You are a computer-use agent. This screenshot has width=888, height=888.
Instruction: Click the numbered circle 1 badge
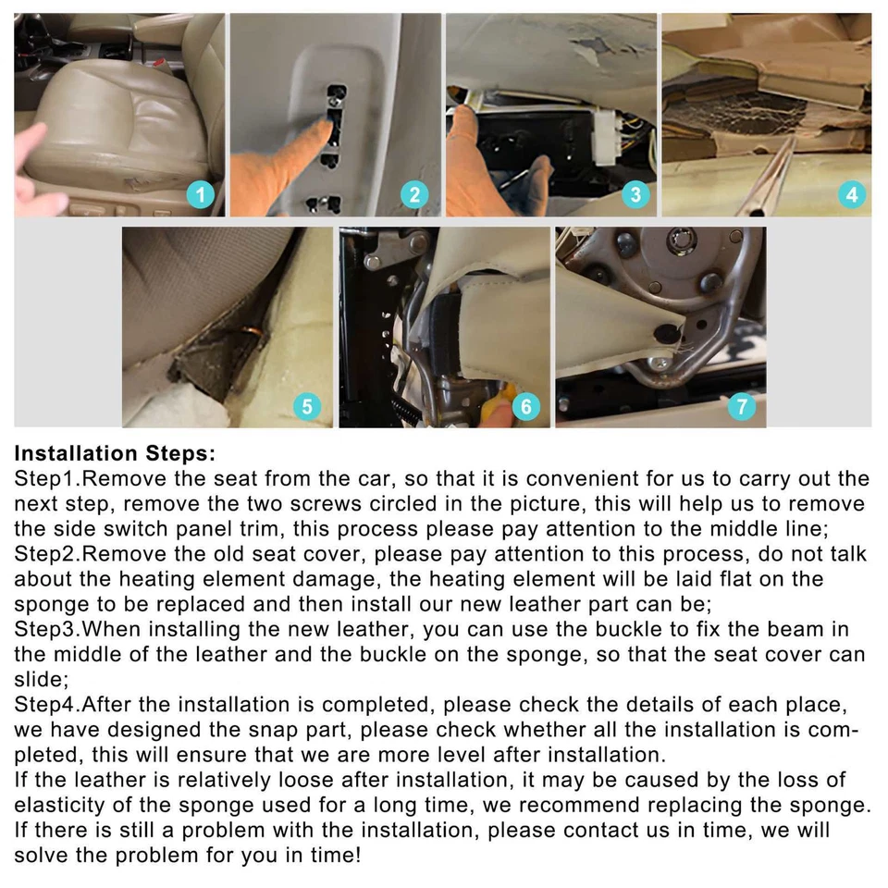coord(201,194)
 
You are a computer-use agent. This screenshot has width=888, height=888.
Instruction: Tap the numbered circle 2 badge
coord(414,194)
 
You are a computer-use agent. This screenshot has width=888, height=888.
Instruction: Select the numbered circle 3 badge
coord(634,194)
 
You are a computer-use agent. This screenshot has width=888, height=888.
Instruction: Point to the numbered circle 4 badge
coord(851,194)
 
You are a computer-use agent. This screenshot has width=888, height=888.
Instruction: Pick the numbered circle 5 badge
coord(306,406)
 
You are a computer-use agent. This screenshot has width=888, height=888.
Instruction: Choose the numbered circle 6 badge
coord(524,406)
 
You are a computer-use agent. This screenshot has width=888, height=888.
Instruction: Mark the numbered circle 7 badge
coord(740,406)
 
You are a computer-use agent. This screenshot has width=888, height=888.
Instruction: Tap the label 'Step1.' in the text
coord(48,479)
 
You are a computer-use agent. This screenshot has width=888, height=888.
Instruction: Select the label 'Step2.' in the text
coord(48,554)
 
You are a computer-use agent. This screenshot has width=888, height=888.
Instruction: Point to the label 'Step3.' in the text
coord(48,630)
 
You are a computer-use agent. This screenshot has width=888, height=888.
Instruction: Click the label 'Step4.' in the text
coord(48,705)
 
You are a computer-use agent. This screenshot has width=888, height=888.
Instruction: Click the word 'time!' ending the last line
coord(333,856)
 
